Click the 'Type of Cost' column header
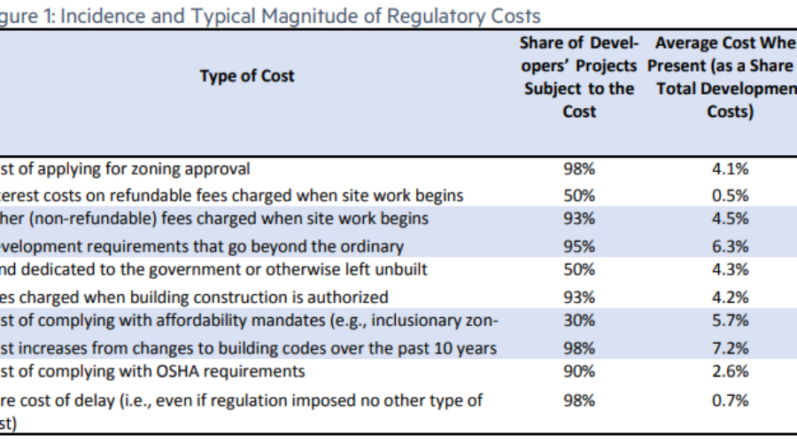pyautogui.click(x=247, y=76)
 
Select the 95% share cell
pyautogui.click(x=579, y=246)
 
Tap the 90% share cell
pyautogui.click(x=579, y=370)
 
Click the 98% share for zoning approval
pyautogui.click(x=579, y=169)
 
